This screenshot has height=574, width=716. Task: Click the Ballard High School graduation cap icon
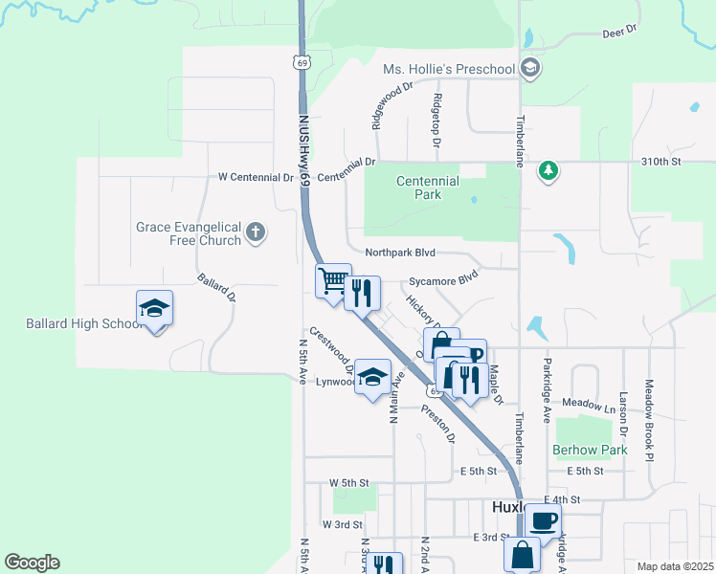pos(154,308)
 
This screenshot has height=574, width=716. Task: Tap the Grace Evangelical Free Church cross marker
pos(255,232)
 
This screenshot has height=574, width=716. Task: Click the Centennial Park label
pos(428,188)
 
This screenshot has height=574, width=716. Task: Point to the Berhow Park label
pos(589,450)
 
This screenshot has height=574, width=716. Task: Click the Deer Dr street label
pos(620,32)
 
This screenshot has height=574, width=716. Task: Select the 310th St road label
pos(660,163)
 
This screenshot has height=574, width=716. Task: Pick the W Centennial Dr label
pos(256,178)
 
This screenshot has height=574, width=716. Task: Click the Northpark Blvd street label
pos(400,253)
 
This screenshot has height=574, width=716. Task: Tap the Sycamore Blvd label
pos(443,281)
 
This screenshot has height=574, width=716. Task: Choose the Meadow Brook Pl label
pos(648,417)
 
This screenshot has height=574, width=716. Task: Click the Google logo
pos(32,563)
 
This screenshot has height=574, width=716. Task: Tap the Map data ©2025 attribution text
pos(674,566)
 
